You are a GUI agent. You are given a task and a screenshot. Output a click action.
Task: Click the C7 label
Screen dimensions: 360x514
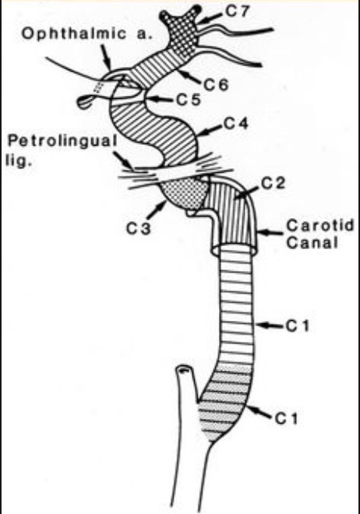click(x=237, y=11)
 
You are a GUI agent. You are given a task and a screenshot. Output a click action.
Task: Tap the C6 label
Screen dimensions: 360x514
click(x=216, y=86)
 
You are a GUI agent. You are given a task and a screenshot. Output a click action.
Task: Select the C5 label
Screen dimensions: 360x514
click(x=189, y=100)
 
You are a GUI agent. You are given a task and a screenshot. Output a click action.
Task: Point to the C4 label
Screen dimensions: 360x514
click(x=236, y=124)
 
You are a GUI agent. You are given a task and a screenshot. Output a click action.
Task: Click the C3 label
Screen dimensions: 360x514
click(x=139, y=228)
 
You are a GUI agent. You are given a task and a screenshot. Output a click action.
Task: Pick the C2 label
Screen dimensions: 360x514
click(x=273, y=184)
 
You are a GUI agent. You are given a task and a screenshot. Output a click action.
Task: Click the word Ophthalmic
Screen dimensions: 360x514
click(x=74, y=33)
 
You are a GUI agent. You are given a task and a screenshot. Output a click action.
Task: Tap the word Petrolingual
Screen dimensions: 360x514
click(x=62, y=142)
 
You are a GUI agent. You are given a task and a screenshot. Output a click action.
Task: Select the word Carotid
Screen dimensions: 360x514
click(x=320, y=226)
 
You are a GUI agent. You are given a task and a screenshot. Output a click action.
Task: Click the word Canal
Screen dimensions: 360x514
click(x=312, y=243)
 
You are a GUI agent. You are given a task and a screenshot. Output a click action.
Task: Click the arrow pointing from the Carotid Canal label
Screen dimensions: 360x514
click(x=270, y=233)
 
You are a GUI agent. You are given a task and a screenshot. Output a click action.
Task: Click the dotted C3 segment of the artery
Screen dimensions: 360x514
click(x=184, y=193)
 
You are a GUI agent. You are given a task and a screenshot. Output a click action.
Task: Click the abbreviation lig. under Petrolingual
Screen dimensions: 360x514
click(x=19, y=161)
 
